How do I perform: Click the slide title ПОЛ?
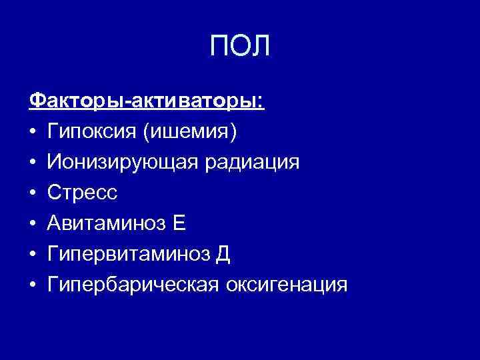(240, 46)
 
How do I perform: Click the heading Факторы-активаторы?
(147, 102)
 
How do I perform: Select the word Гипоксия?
(91, 133)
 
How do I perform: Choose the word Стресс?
(82, 193)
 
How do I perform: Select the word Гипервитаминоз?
(126, 255)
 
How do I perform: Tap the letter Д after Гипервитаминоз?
(223, 255)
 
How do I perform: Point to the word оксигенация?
(287, 285)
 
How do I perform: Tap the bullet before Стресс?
(33, 194)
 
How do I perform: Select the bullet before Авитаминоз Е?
(33, 225)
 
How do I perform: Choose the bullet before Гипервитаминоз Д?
(33, 255)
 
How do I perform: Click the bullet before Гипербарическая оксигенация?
(33, 286)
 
